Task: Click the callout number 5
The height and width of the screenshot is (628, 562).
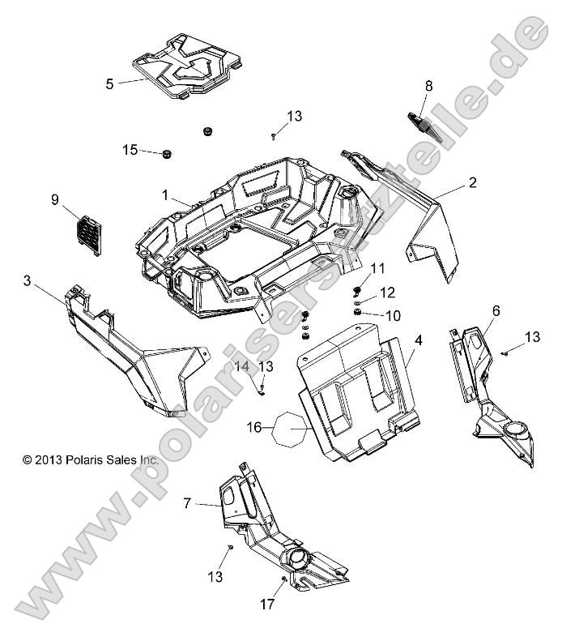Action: tap(109, 82)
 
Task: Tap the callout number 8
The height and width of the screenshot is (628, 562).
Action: tap(429, 85)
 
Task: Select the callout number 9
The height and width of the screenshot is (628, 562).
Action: tap(55, 199)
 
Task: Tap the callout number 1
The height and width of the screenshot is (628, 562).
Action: tap(165, 195)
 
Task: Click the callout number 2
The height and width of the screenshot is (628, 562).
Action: tap(494, 183)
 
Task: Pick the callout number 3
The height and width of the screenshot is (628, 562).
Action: tap(28, 280)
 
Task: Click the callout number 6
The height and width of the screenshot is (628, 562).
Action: tap(496, 310)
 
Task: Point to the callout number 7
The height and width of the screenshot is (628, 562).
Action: tap(187, 503)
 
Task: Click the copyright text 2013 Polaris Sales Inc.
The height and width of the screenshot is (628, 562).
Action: tap(91, 459)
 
